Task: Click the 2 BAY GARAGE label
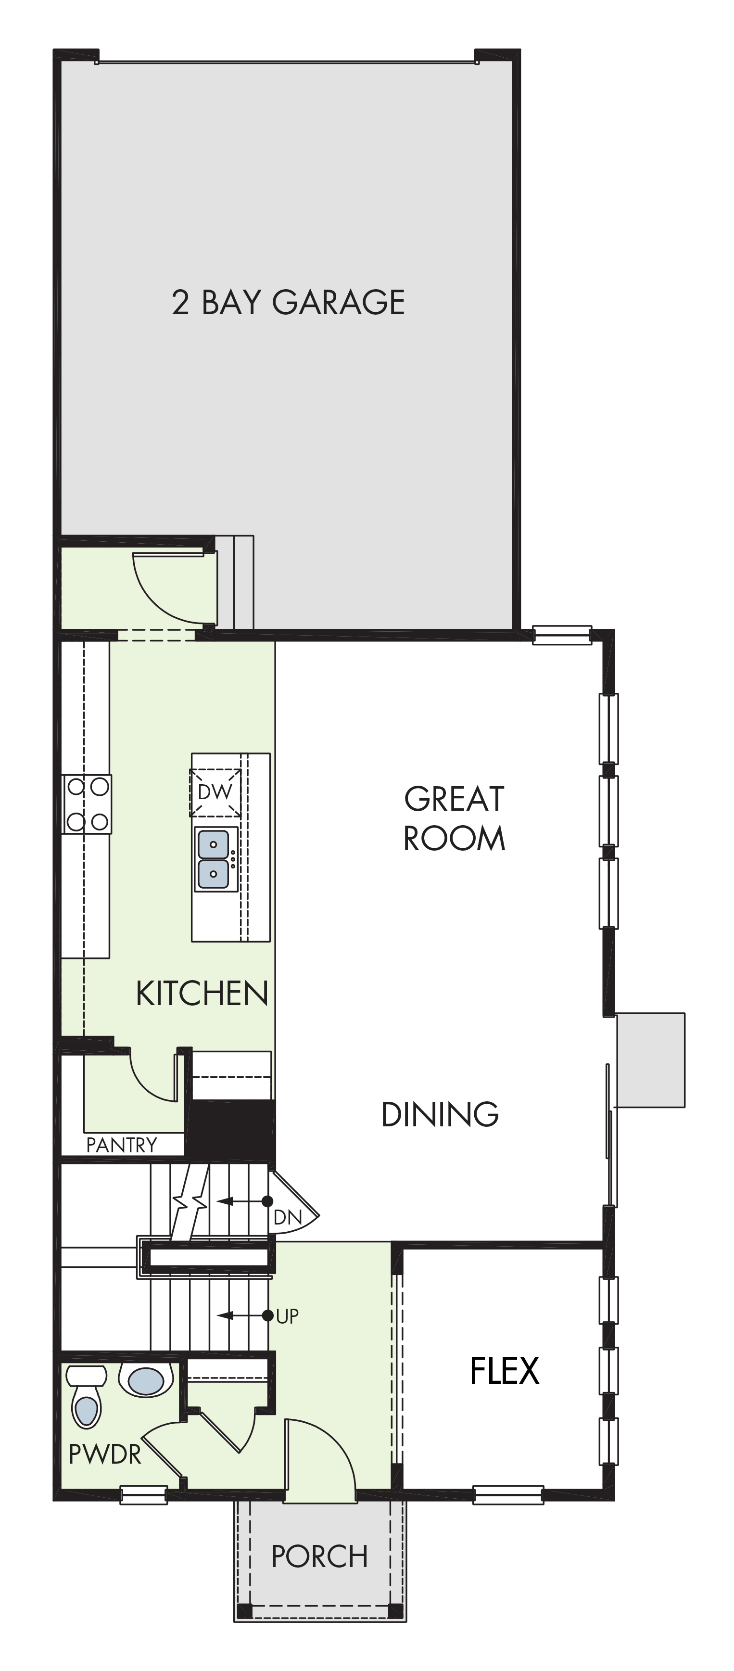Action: tap(289, 302)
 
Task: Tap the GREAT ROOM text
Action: tap(454, 818)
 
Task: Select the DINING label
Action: tap(440, 1114)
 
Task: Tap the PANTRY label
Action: tap(122, 1145)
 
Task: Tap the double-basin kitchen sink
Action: tap(214, 859)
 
